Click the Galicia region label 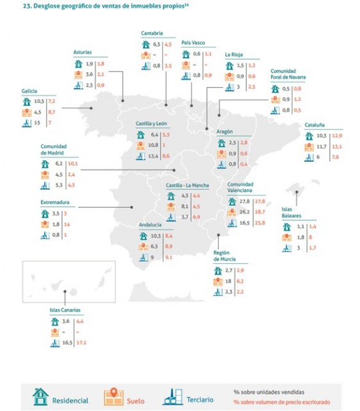click(29, 91)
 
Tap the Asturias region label click(83, 54)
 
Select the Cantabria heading click(152, 33)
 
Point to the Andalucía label click(151, 225)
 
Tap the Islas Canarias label click(65, 310)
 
